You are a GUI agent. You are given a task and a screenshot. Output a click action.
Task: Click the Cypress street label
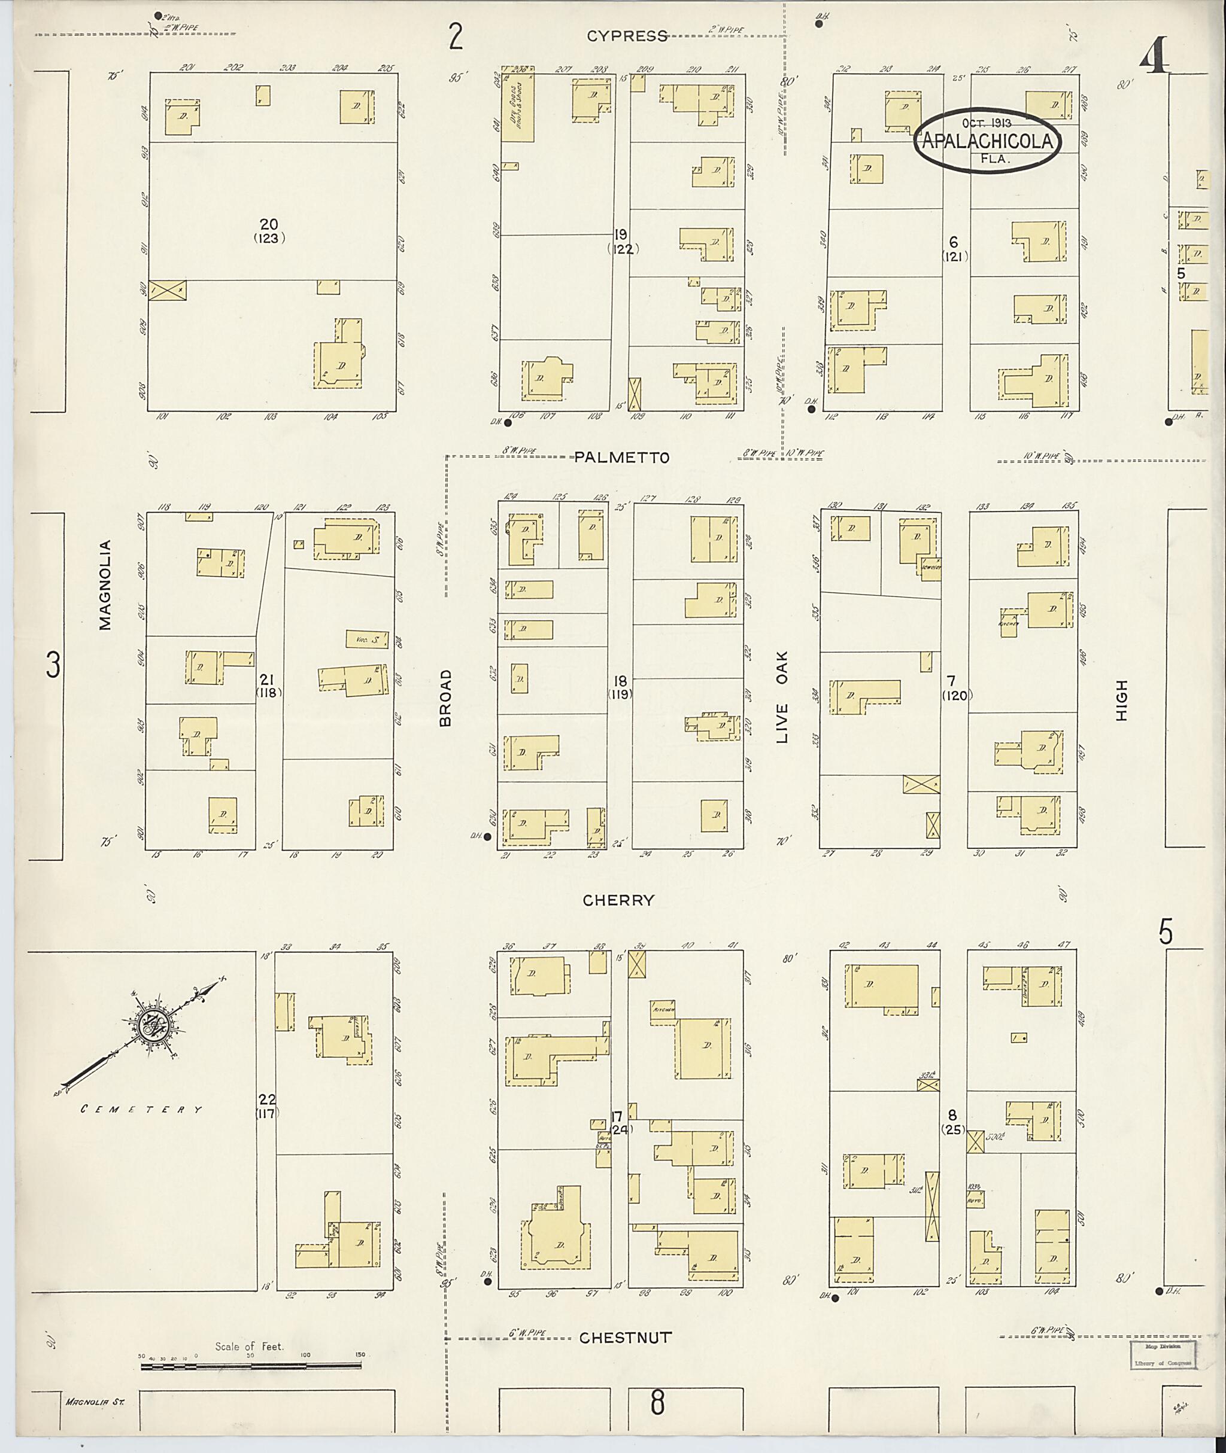(627, 36)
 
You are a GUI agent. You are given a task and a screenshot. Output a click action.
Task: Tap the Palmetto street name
(621, 458)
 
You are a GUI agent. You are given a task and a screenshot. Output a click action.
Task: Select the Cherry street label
(618, 900)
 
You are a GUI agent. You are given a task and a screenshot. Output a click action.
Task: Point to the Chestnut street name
(625, 1338)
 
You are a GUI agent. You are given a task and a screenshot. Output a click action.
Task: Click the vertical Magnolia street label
(105, 585)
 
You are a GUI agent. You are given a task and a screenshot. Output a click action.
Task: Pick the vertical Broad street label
(445, 697)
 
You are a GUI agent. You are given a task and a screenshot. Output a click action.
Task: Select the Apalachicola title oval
(989, 139)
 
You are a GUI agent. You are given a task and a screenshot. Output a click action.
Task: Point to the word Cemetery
(142, 1109)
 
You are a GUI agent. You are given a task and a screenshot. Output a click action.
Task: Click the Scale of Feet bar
(250, 1367)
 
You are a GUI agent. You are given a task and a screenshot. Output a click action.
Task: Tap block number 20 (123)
(269, 230)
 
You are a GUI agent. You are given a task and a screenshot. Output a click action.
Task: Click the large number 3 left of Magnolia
(53, 665)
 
